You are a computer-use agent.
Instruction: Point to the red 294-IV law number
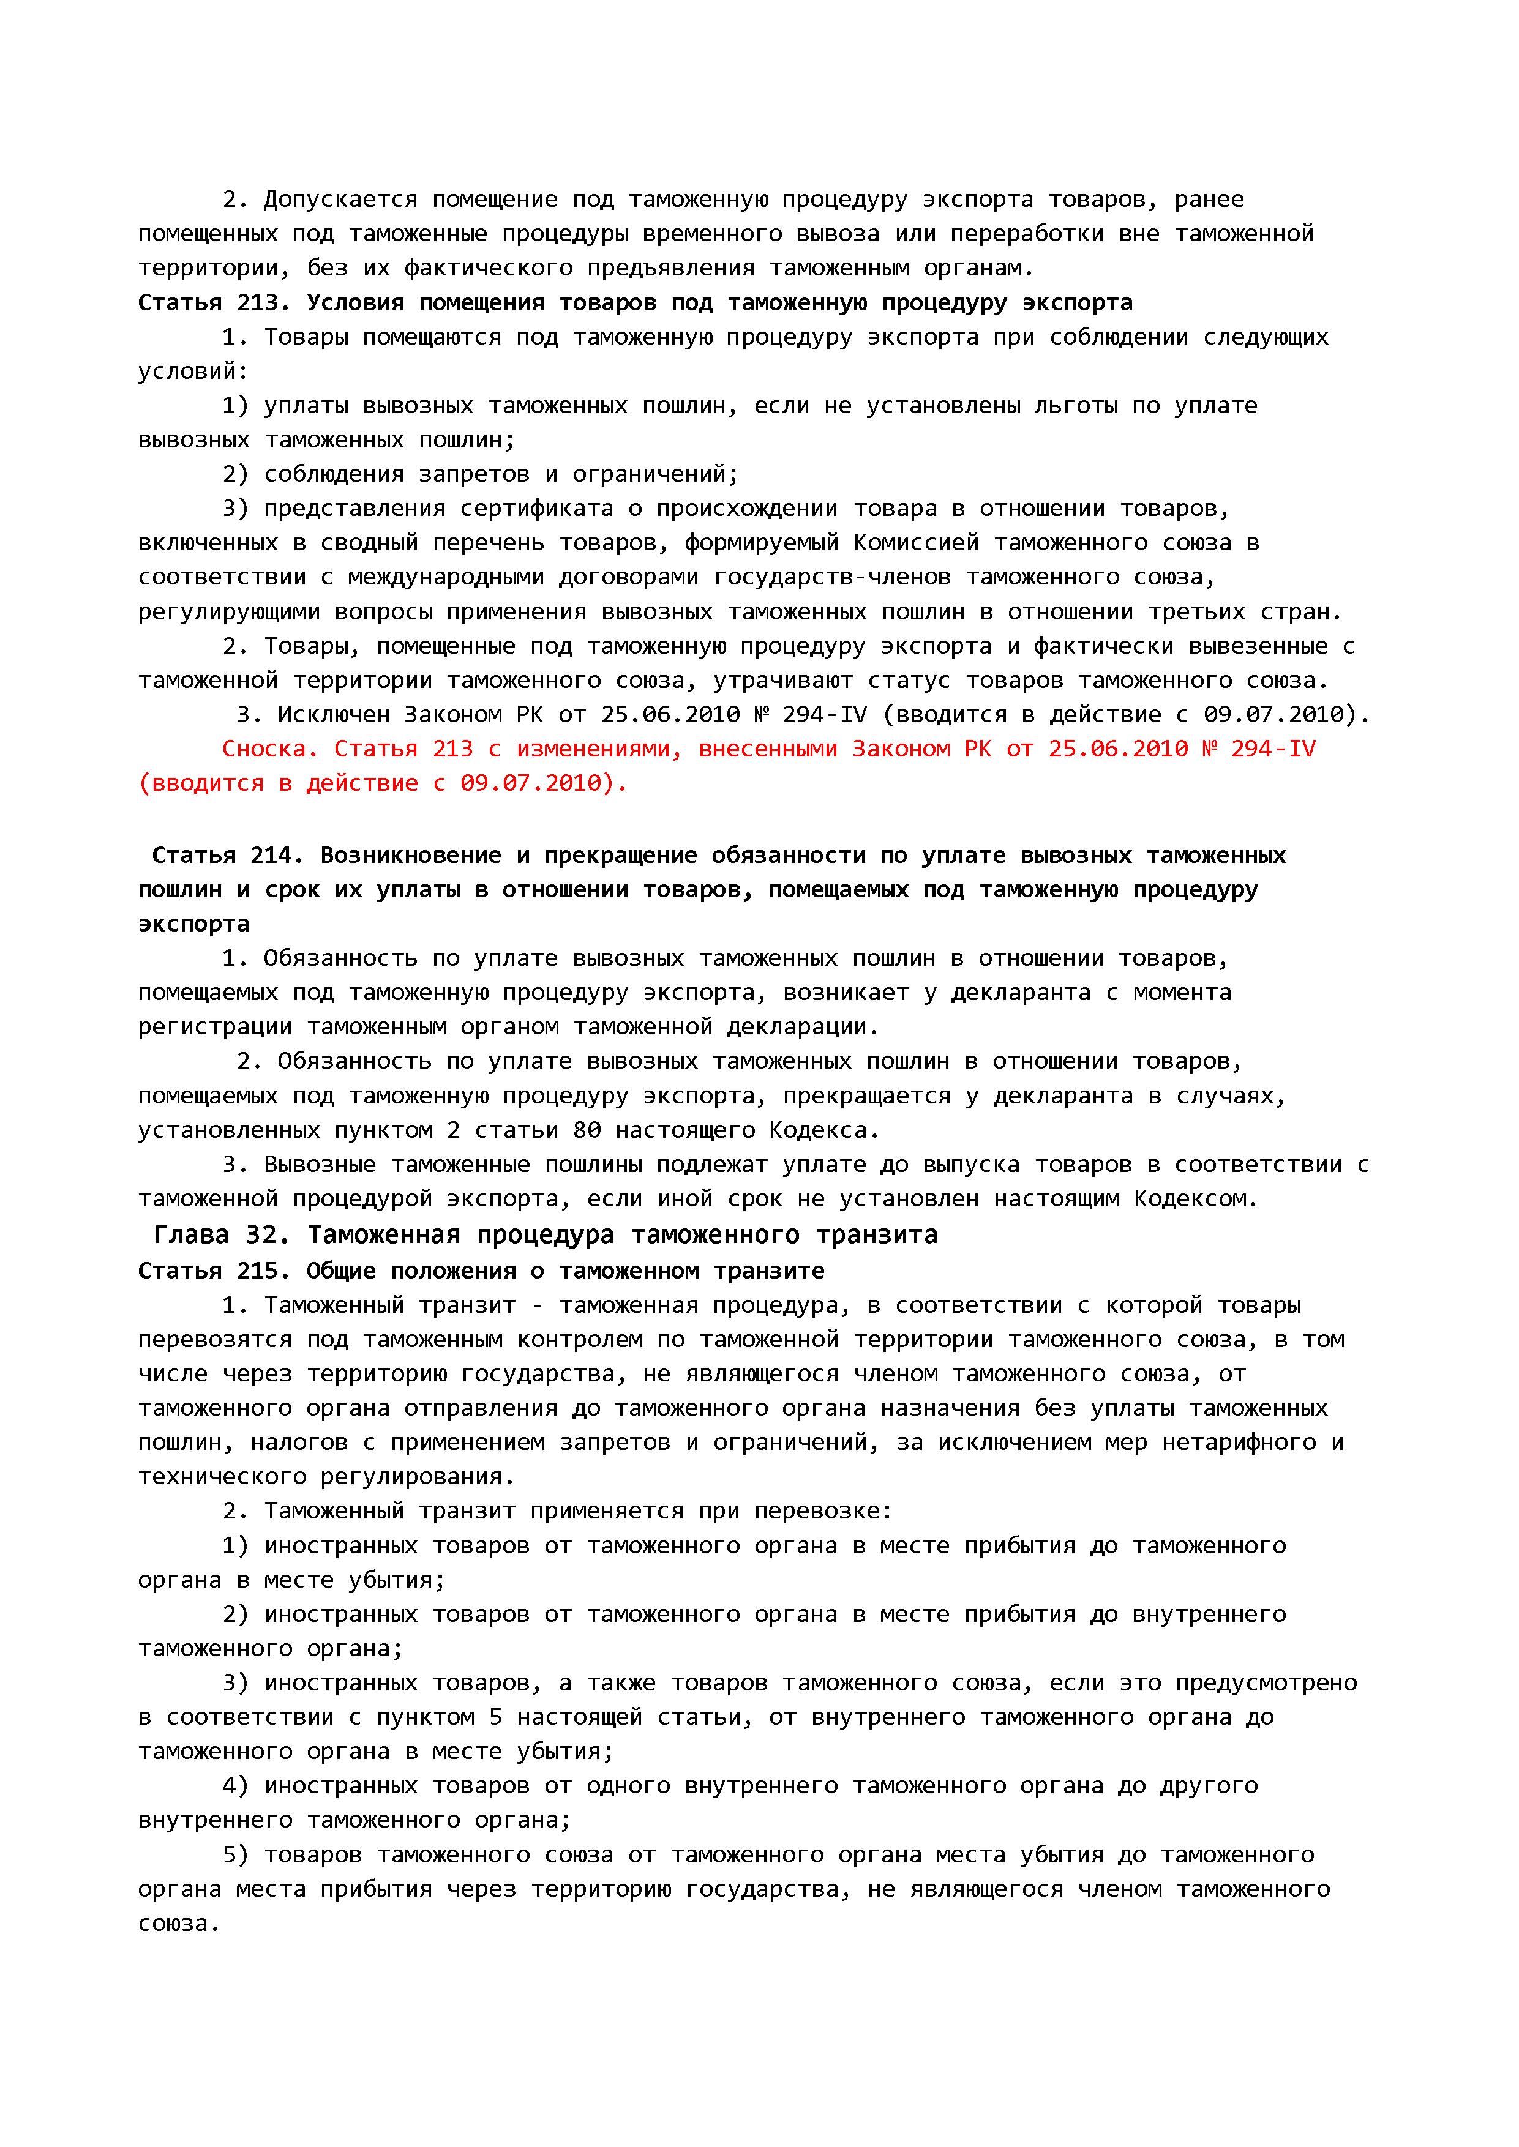[x=1273, y=749]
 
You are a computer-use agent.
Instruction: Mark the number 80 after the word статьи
[x=587, y=1130]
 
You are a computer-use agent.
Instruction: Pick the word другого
[x=1209, y=1786]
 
